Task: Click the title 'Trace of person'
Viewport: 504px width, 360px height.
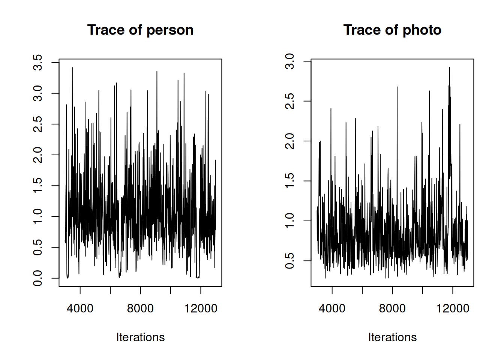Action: tap(140, 30)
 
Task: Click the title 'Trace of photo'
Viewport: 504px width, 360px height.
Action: tap(392, 30)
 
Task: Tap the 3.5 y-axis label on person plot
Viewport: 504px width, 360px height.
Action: tap(38, 62)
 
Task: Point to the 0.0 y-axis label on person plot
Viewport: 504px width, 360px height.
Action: tap(38, 278)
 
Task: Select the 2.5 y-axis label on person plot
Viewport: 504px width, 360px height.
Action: tap(38, 124)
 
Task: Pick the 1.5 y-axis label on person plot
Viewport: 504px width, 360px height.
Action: tap(38, 186)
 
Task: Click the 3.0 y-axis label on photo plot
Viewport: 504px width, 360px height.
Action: tap(290, 61)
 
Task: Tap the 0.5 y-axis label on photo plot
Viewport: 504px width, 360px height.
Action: tap(290, 261)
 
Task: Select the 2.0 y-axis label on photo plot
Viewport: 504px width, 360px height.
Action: tap(290, 141)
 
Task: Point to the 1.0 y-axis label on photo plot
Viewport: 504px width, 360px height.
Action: tap(290, 221)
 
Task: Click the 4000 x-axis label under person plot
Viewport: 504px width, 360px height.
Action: tap(80, 309)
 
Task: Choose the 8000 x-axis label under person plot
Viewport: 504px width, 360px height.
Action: tap(140, 309)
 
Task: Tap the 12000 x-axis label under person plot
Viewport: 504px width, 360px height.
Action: tap(201, 309)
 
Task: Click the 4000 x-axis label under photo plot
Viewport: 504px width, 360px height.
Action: tap(332, 309)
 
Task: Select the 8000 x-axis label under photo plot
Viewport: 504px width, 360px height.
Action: tap(392, 309)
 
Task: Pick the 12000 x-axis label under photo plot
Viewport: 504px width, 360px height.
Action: tap(453, 309)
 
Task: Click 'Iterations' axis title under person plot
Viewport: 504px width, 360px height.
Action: tap(140, 337)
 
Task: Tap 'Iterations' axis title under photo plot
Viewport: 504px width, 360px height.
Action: tap(392, 337)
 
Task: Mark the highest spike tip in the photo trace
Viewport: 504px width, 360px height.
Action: tap(449, 68)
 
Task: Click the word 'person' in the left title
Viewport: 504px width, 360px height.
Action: tap(170, 30)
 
